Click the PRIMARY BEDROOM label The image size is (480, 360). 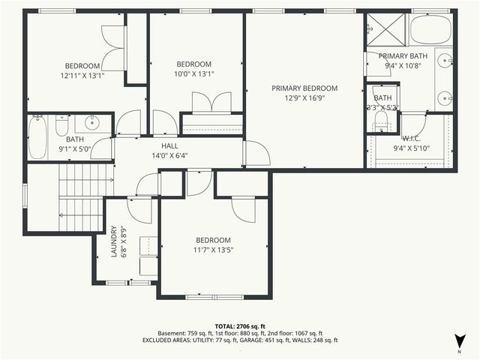[304, 88]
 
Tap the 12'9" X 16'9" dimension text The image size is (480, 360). [304, 97]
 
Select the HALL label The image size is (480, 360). [169, 146]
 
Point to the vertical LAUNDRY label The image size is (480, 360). [114, 241]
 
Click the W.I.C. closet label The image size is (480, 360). [411, 138]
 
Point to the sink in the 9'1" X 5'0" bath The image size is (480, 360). [93, 123]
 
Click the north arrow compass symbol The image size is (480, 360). [458, 340]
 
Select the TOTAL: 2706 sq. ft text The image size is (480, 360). [239, 326]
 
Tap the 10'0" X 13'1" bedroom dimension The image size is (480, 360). [194, 73]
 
